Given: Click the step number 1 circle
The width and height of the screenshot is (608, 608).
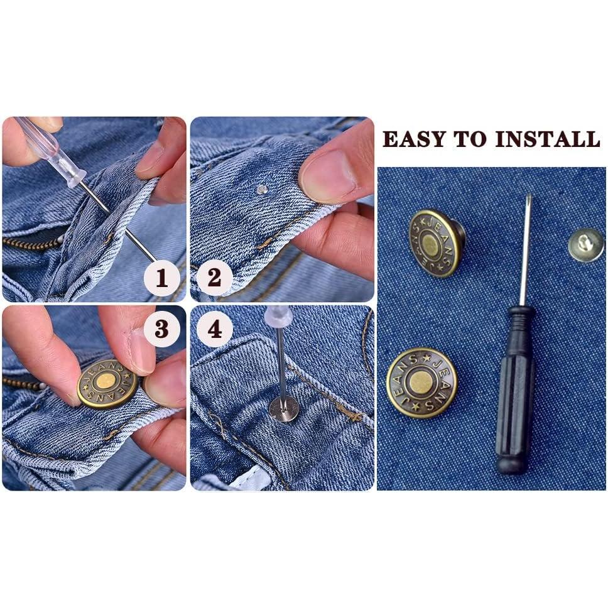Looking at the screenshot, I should click(x=162, y=277).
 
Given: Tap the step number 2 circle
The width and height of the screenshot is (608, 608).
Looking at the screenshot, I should click(x=214, y=277).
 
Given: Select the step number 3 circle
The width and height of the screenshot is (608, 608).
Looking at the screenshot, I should click(x=162, y=328).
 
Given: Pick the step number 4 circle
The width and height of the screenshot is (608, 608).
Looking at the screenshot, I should click(x=214, y=328).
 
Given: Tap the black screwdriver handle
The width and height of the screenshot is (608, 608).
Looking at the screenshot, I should click(x=514, y=389).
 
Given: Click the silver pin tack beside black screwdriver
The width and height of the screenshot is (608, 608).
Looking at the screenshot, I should click(x=585, y=244).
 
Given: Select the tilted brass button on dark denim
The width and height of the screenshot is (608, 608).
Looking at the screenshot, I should click(x=435, y=243).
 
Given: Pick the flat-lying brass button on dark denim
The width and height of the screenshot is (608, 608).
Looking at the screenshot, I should click(x=421, y=383).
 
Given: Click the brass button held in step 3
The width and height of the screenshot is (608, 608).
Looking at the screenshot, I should click(x=107, y=383).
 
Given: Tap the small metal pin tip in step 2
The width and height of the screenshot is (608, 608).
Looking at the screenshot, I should click(x=262, y=188).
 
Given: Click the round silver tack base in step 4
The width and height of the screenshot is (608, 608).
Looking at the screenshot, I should click(x=283, y=408).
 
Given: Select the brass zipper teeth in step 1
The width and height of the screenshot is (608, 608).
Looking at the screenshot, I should click(x=28, y=242).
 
